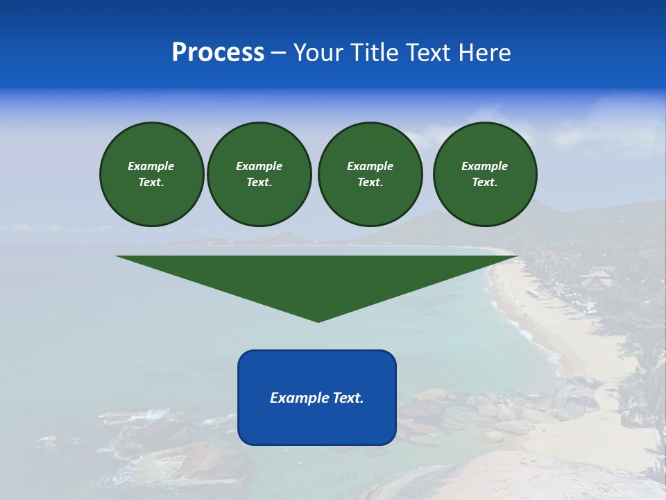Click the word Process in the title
click(218, 53)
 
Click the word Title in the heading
click(373, 53)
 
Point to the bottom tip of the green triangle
click(318, 321)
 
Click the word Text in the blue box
click(348, 398)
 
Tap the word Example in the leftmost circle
click(151, 166)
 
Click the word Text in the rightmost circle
click(484, 182)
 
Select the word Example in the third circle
click(370, 166)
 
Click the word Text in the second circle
click(259, 182)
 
